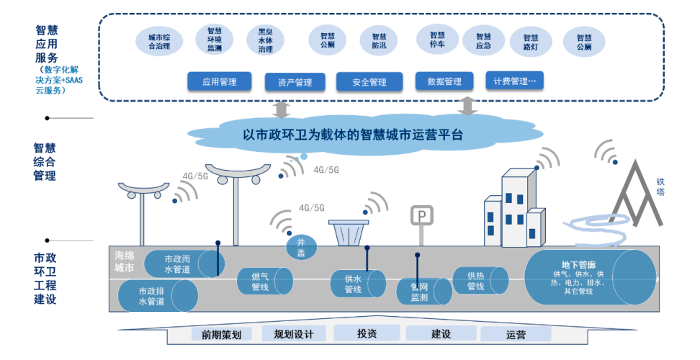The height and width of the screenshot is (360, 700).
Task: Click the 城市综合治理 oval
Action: click(x=159, y=42)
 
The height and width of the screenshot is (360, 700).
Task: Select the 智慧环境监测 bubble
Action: click(x=215, y=40)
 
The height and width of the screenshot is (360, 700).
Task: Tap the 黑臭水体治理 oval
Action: click(x=265, y=41)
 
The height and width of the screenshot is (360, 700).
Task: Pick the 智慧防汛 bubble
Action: click(x=380, y=41)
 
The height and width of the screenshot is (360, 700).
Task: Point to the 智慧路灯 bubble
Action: click(x=531, y=42)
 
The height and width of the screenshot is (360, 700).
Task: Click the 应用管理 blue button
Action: click(x=219, y=81)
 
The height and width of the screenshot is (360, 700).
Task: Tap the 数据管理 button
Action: click(x=444, y=81)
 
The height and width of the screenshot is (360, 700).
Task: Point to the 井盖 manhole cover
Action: click(x=301, y=248)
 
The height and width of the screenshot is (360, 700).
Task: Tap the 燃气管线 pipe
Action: click(x=264, y=282)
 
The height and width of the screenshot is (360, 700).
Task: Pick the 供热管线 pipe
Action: click(x=480, y=281)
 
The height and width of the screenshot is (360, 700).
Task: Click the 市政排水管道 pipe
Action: click(x=158, y=296)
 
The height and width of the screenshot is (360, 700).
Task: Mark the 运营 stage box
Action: click(x=516, y=334)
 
